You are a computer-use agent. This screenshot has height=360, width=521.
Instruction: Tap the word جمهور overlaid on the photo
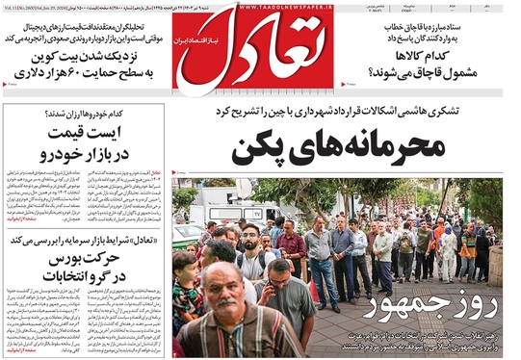pos(399,308)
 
